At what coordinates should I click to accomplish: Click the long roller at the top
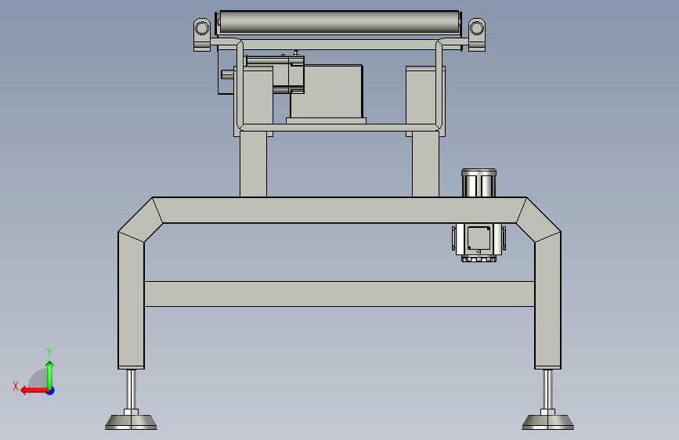click(x=338, y=23)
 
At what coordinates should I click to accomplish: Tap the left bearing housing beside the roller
click(x=202, y=34)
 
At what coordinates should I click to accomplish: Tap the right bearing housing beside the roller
click(x=477, y=34)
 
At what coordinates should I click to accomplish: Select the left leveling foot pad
click(x=132, y=422)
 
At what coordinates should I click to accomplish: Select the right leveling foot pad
click(x=547, y=422)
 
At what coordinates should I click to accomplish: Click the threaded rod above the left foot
click(x=132, y=389)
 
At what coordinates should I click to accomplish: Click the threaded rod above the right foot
click(x=547, y=389)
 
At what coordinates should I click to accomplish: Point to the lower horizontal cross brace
click(x=339, y=294)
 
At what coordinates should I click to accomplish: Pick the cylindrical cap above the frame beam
click(x=479, y=182)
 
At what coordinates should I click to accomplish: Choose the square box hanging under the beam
click(x=479, y=242)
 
